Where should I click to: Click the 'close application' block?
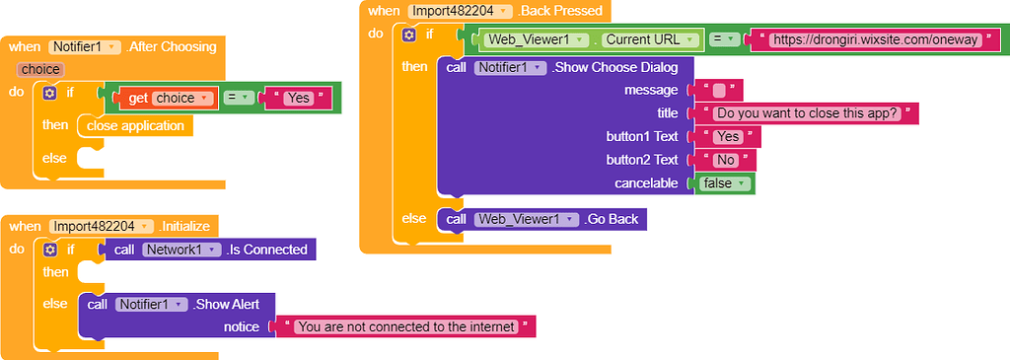(x=135, y=126)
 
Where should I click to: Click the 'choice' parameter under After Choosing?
(x=40, y=70)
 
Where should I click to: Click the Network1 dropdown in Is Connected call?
(x=180, y=250)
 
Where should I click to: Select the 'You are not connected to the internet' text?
(x=405, y=325)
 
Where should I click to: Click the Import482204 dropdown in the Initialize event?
(x=102, y=226)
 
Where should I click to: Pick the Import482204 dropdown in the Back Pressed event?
(x=461, y=11)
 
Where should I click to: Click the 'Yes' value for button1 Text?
(x=728, y=137)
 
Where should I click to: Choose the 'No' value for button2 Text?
(x=725, y=160)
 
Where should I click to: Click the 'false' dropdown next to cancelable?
(x=725, y=183)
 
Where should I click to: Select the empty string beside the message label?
(x=719, y=91)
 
